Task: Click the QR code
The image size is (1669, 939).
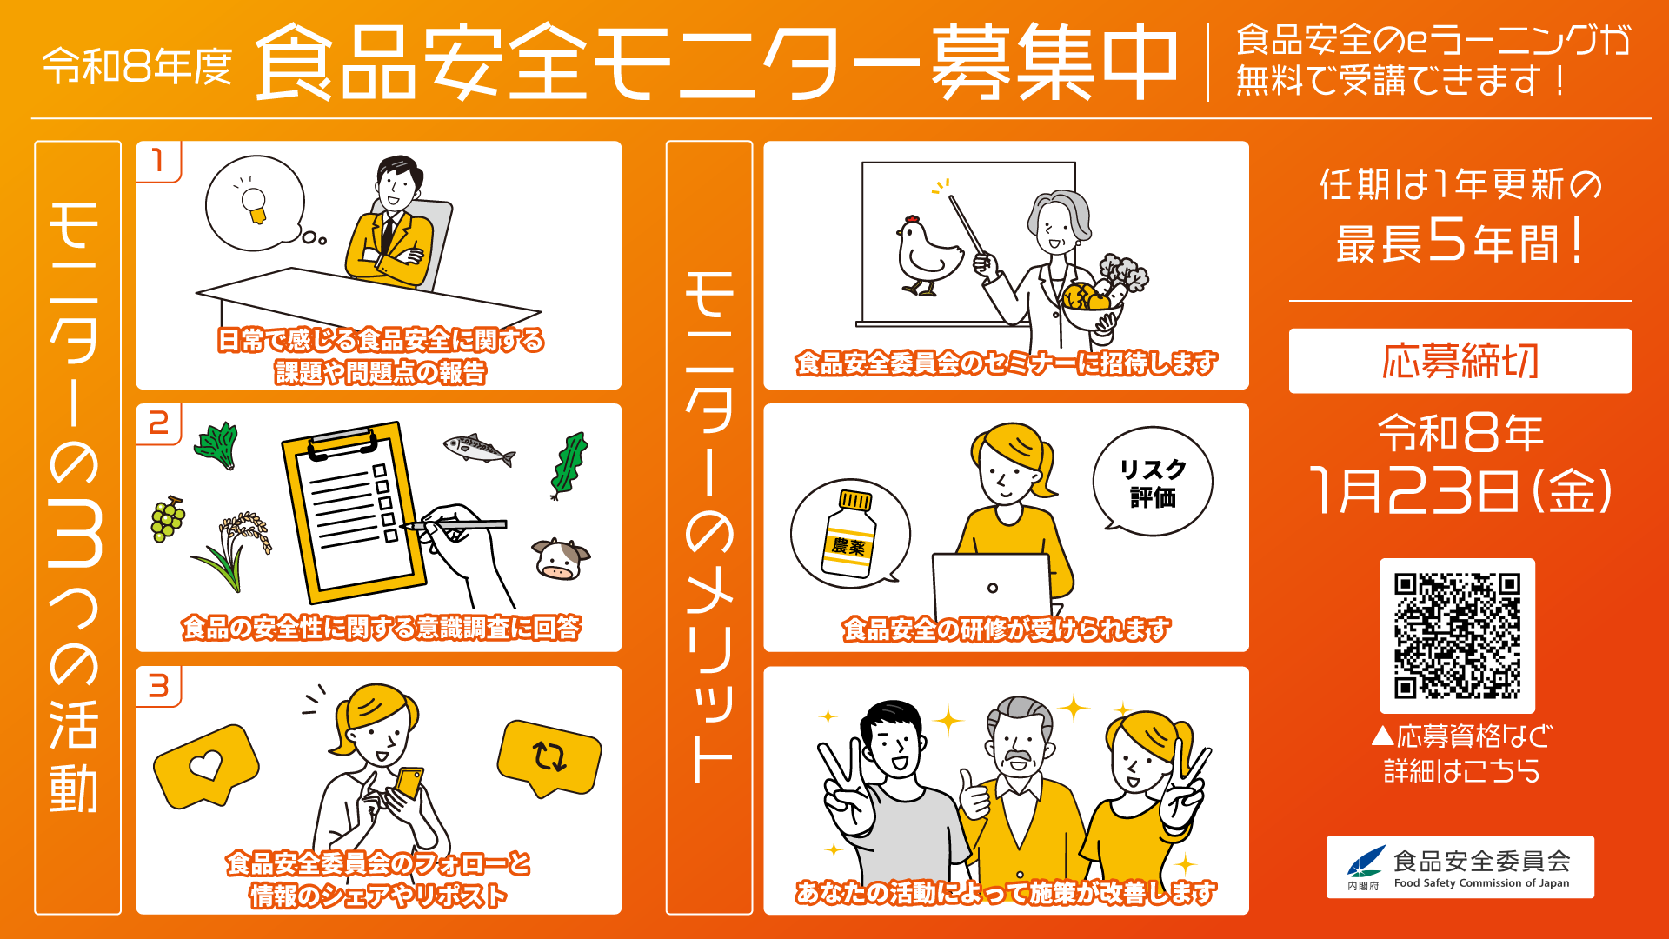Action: point(1457,636)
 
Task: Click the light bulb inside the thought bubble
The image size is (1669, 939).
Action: point(253,203)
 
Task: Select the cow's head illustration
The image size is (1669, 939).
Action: point(559,559)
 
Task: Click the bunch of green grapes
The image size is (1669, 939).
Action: point(167,519)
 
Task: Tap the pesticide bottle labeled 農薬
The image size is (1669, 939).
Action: point(849,535)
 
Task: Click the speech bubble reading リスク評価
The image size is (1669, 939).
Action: point(1153,481)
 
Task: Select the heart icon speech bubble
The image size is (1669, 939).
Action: point(206,764)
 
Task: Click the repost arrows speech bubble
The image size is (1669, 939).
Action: point(549,756)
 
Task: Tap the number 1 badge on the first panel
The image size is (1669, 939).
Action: point(158,162)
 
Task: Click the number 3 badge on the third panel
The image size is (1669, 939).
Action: point(158,687)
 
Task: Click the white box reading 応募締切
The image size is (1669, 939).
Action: point(1460,361)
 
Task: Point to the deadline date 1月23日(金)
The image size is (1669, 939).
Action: point(1460,491)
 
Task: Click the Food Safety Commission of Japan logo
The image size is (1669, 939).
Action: point(1460,867)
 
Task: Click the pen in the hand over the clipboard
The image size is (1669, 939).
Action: point(455,524)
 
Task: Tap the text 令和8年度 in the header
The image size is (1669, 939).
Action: point(137,66)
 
